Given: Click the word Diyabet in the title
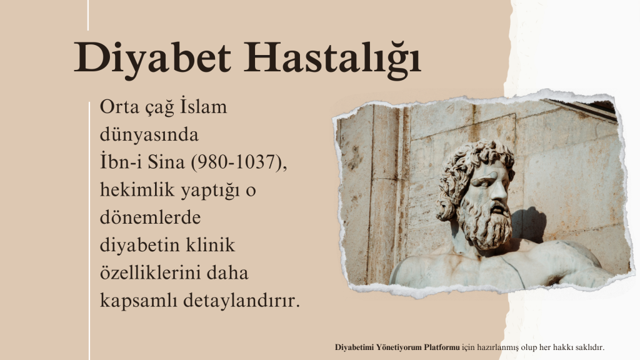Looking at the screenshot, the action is point(152,58).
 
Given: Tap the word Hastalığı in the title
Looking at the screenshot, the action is point(332,58).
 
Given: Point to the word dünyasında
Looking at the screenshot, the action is point(149,134).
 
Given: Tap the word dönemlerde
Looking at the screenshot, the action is point(150,217).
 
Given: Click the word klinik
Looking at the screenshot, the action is point(211,245).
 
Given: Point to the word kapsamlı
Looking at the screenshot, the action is point(138,301).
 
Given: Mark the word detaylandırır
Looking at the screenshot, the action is point(242,301).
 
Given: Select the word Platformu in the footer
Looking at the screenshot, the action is point(442,347).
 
